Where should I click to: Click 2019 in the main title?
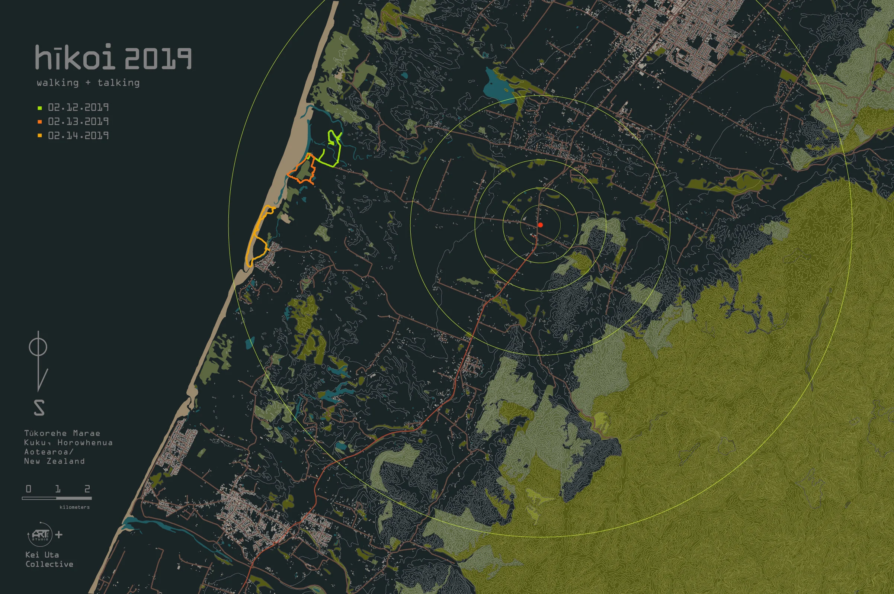coord(158,59)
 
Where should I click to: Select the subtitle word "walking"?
coord(58,83)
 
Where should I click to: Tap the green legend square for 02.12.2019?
coord(40,108)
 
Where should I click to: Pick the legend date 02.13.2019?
coord(78,122)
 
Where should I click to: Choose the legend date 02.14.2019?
coord(78,136)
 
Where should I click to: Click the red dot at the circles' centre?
coord(541,225)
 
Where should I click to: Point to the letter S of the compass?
coord(39,408)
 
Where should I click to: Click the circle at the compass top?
coord(38,347)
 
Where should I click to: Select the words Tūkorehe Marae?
coord(62,433)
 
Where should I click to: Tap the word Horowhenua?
coord(85,443)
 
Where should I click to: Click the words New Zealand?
coord(54,461)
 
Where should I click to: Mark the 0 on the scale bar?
coord(28,489)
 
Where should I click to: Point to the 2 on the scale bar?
coord(87,489)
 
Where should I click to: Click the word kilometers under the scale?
coord(75,507)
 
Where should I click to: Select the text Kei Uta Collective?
coord(49,559)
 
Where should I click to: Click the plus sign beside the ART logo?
coord(59,534)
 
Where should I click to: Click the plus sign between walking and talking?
coord(88,83)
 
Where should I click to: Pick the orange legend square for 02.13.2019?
coord(40,122)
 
